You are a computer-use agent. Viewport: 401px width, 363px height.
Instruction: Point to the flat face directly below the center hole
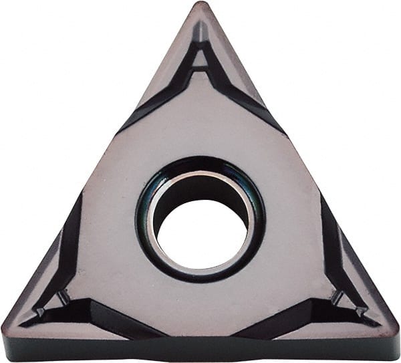tap(200, 301)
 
